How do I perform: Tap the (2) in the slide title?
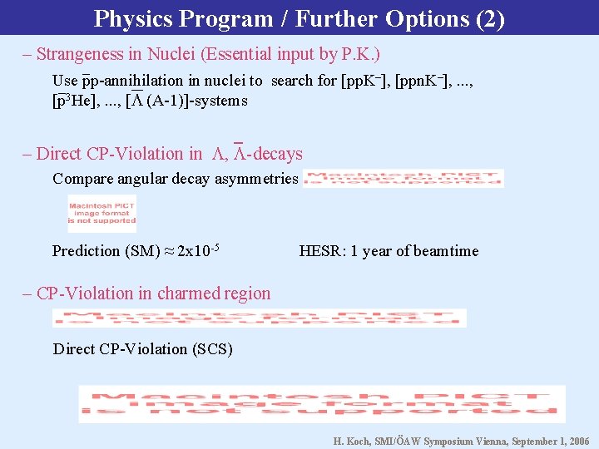click(488, 18)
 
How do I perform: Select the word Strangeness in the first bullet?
click(81, 55)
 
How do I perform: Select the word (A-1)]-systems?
click(196, 101)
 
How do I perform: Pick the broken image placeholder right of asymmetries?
click(403, 179)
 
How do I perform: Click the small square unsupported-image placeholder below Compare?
click(101, 213)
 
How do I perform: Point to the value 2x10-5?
click(198, 250)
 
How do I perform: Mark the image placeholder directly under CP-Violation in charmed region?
click(259, 318)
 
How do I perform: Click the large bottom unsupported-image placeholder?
click(321, 403)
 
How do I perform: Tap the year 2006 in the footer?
click(577, 442)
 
